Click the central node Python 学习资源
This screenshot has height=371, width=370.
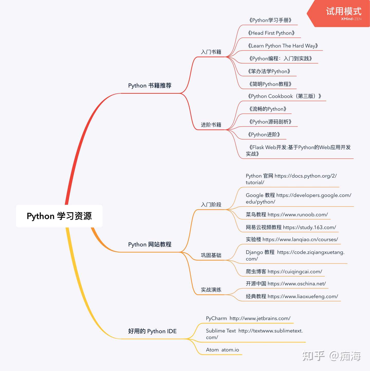(59, 216)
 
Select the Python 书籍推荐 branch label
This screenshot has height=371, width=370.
(150, 86)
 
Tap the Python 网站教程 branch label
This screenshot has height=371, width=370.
(150, 244)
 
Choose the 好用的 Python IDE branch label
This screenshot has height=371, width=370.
(152, 331)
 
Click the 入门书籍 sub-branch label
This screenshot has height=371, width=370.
(211, 52)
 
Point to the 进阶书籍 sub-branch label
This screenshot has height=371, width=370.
(211, 125)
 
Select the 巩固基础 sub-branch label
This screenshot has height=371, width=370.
(211, 255)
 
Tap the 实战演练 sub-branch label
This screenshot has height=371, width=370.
(211, 290)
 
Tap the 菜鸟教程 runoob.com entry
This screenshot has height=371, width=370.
(287, 215)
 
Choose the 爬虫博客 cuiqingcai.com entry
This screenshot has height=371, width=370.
(284, 272)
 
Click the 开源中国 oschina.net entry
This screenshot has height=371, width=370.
(286, 284)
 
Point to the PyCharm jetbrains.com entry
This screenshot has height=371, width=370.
(248, 318)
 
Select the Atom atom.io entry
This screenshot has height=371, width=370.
(223, 350)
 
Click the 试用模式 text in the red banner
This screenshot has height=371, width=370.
(344, 11)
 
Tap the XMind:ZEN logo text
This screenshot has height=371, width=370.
(351, 19)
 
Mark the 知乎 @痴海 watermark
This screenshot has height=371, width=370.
(331, 356)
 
